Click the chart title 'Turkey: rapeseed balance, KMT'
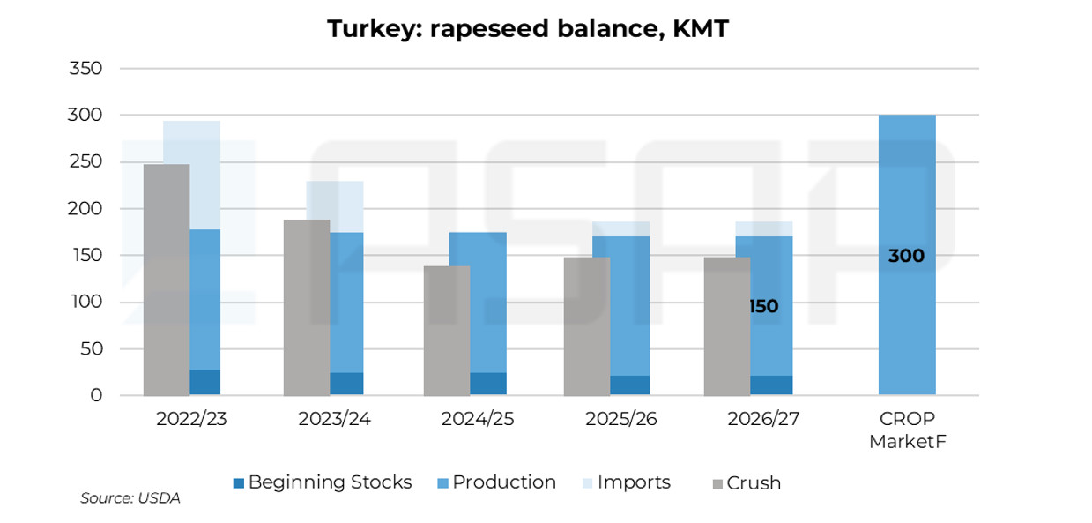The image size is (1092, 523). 528,28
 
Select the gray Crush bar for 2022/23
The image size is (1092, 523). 167,280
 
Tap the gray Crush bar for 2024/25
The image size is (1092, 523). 447,331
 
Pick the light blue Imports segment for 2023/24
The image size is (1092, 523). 346,206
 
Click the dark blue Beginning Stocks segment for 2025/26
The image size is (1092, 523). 629,385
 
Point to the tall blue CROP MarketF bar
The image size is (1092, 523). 907,255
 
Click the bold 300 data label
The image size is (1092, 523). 906,256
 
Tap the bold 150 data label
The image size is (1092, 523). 764,306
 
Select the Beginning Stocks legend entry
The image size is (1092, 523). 323,482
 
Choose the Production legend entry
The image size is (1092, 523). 497,482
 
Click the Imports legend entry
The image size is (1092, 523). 627,482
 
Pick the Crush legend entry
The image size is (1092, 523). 747,483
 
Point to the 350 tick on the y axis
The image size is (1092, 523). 85,68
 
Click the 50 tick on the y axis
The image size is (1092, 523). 91,349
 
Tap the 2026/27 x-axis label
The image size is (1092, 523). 763,419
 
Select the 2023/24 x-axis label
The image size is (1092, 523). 334,419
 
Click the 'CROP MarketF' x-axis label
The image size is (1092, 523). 907,430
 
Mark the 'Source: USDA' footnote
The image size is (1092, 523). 130,497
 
